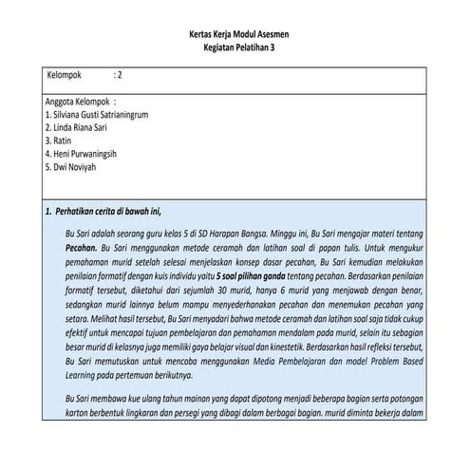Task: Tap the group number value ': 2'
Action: coord(118,74)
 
